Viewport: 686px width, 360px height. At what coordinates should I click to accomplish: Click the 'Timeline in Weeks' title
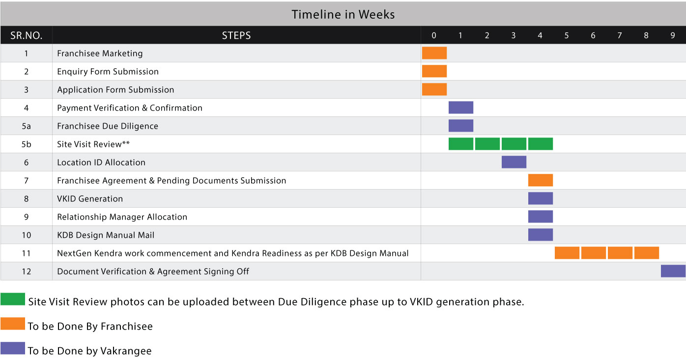click(x=343, y=14)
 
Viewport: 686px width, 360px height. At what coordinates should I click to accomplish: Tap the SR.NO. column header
click(x=27, y=35)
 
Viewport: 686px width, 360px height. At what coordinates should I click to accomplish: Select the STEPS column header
click(x=236, y=35)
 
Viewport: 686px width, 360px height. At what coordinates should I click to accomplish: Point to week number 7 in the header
click(x=620, y=35)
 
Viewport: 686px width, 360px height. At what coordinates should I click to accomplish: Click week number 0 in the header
click(x=433, y=35)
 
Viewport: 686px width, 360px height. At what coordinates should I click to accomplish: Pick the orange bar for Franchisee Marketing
click(x=434, y=53)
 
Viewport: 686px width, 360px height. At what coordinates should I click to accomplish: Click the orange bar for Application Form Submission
click(x=434, y=89)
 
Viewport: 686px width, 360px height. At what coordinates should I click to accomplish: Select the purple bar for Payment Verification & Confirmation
click(x=461, y=108)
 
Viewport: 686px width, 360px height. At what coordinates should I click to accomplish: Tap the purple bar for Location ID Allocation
click(x=514, y=162)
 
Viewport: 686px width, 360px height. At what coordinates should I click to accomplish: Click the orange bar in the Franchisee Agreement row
click(x=541, y=180)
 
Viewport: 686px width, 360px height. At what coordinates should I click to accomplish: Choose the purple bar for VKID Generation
click(x=541, y=198)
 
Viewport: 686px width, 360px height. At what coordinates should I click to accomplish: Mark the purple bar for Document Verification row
click(x=673, y=271)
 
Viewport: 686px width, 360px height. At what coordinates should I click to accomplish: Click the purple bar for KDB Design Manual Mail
click(x=541, y=234)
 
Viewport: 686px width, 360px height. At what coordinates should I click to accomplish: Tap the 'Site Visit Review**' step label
click(x=93, y=144)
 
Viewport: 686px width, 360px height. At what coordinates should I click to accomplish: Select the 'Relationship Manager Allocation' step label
click(x=122, y=217)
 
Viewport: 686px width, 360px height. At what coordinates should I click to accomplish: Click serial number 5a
click(x=27, y=126)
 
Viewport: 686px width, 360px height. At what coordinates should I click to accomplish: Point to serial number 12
click(x=27, y=271)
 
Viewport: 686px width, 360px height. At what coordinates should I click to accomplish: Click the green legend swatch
click(x=13, y=299)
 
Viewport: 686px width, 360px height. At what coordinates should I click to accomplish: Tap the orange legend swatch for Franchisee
click(x=13, y=324)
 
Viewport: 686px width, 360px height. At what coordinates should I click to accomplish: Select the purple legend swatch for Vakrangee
click(x=13, y=348)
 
